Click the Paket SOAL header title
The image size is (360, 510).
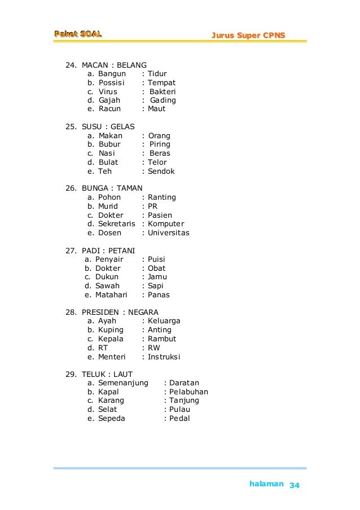pyautogui.click(x=78, y=35)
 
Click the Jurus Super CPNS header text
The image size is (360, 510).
pyautogui.click(x=248, y=36)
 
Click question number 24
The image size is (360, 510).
pyautogui.click(x=71, y=65)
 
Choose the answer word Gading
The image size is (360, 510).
pyautogui.click(x=163, y=100)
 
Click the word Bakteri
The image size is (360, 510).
pyautogui.click(x=164, y=91)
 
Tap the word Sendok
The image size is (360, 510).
pyautogui.click(x=161, y=171)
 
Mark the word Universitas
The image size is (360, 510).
pyautogui.click(x=169, y=233)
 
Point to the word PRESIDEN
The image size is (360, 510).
pyautogui.click(x=100, y=312)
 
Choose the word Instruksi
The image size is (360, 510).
pyautogui.click(x=164, y=357)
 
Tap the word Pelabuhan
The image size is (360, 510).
pyautogui.click(x=189, y=392)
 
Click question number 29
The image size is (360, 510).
pyautogui.click(x=71, y=374)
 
